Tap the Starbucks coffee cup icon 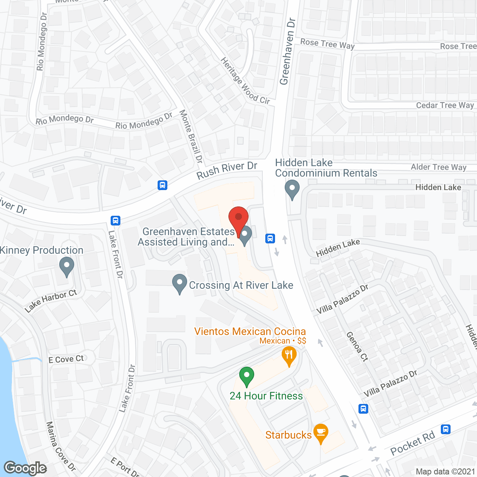tap(320, 433)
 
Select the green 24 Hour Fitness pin tap(246, 376)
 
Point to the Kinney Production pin tap(67, 267)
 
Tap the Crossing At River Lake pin tap(180, 283)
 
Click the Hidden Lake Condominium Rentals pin tap(292, 189)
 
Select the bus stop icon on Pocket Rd tap(445, 429)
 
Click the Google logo tap(25, 468)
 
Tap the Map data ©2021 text tap(445, 471)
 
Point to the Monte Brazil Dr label tap(191, 136)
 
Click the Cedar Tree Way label tap(445, 105)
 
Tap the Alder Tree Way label tap(438, 167)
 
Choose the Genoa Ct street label tap(357, 346)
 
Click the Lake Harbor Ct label tap(51, 300)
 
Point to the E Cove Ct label tap(66, 359)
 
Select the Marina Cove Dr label tap(60, 446)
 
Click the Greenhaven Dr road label tap(287, 51)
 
